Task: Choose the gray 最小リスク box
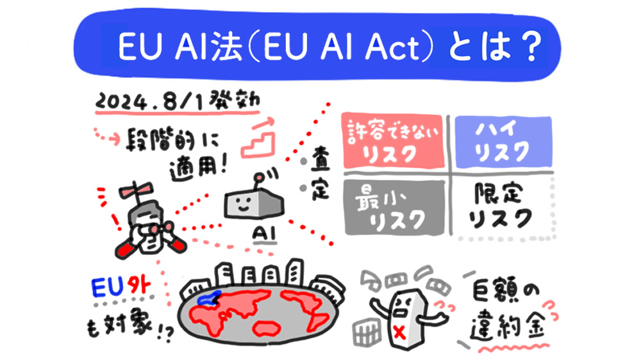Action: (392, 206)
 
